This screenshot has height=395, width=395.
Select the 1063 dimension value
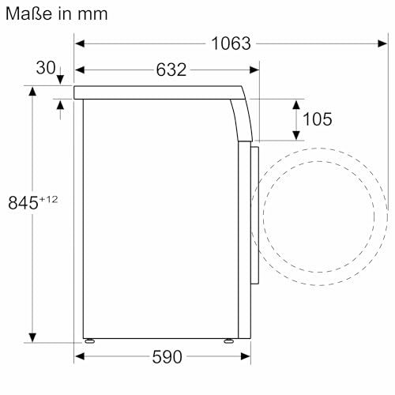(x=231, y=43)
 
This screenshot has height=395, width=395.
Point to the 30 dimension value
(x=47, y=69)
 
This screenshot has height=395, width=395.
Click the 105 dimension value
(x=316, y=118)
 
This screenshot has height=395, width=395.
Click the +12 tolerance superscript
(x=49, y=198)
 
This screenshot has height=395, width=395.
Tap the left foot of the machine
(x=92, y=341)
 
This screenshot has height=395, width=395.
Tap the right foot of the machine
(x=228, y=341)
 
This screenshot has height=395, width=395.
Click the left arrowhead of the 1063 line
(x=80, y=43)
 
